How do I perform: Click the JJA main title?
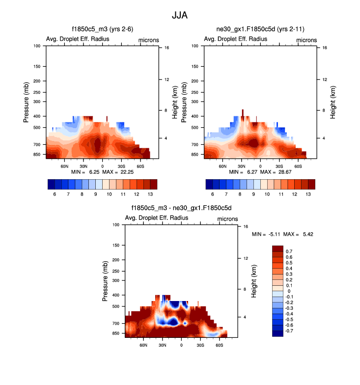tap(180, 15)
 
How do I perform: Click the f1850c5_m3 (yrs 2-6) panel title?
tap(103, 30)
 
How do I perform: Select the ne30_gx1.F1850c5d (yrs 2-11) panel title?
tap(260, 30)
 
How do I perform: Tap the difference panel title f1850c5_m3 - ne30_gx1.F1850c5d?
tap(181, 208)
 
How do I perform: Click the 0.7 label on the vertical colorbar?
tap(289, 251)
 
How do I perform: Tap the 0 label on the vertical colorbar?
tap(288, 291)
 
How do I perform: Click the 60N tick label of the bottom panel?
tap(143, 345)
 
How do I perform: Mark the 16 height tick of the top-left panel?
tap(167, 48)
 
